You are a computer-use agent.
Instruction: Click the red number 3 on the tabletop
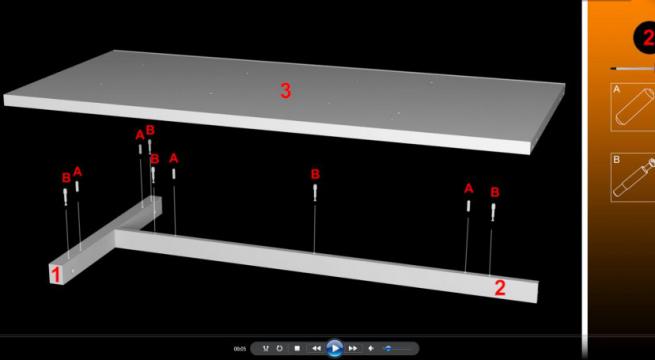coord(285,91)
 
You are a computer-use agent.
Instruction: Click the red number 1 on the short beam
coord(57,272)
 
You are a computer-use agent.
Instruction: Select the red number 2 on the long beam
coord(500,288)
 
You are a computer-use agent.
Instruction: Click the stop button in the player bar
coord(297,348)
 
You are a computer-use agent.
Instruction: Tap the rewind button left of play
coord(316,348)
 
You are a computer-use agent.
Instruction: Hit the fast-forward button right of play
coord(353,348)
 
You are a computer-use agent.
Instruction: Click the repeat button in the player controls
coord(279,348)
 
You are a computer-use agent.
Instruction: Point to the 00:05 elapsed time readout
coord(240,348)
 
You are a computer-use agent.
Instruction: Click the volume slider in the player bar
coord(390,348)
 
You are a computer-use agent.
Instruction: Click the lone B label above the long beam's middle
coord(315,174)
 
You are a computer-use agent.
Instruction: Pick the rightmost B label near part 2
coord(494,192)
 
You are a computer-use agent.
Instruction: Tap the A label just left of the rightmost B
coord(468,188)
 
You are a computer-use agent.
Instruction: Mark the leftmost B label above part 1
coord(66,178)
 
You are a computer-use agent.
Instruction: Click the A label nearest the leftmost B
coord(77,171)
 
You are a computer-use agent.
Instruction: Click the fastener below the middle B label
coord(315,194)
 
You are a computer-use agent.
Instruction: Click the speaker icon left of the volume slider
coord(371,348)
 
